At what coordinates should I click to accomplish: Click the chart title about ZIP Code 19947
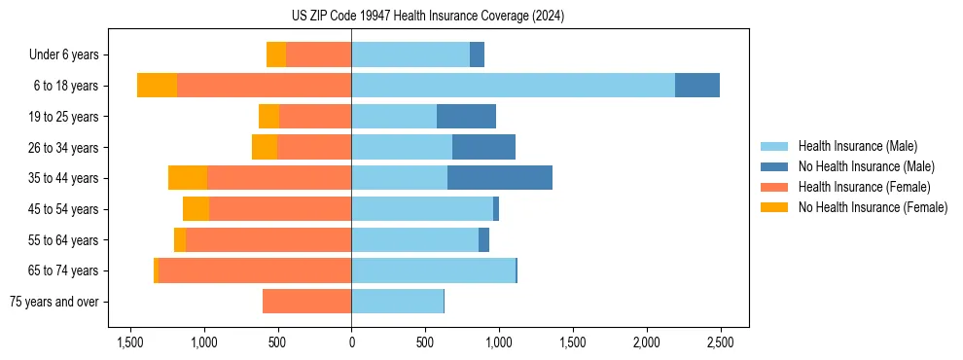pyautogui.click(x=427, y=17)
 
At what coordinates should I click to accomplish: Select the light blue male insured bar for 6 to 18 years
pyautogui.click(x=513, y=86)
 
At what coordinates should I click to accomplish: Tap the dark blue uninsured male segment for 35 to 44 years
pyautogui.click(x=500, y=178)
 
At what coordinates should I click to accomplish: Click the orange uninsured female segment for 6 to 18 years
pyautogui.click(x=157, y=86)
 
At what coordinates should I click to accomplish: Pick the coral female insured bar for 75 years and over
pyautogui.click(x=306, y=302)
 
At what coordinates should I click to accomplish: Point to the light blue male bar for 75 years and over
pyautogui.click(x=397, y=302)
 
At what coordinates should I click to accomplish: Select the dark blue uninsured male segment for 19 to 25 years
pyautogui.click(x=466, y=117)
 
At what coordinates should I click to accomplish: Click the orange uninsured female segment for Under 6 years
pyautogui.click(x=276, y=54)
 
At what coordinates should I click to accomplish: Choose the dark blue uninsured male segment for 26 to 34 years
pyautogui.click(x=483, y=147)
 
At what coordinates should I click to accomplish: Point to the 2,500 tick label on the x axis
pyautogui.click(x=720, y=342)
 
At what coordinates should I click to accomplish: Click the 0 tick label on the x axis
pyautogui.click(x=351, y=342)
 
